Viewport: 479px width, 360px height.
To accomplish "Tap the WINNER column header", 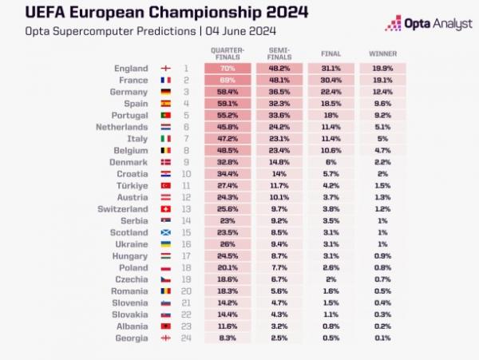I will click(382, 53).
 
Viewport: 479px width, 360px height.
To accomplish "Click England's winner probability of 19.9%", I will click(382, 69).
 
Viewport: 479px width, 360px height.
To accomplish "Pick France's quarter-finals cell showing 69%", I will click(228, 81).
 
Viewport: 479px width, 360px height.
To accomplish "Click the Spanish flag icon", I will click(166, 104).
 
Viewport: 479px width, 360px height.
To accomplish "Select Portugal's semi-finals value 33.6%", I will click(279, 115).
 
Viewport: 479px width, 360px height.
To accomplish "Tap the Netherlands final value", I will click(331, 127).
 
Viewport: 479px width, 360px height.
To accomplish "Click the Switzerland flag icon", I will click(166, 208).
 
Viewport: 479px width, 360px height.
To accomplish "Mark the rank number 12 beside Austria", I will click(186, 197).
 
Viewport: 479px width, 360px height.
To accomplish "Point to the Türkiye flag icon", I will click(166, 185).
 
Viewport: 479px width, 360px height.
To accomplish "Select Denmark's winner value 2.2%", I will click(382, 162).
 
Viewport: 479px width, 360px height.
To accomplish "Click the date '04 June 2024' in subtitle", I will click(239, 31).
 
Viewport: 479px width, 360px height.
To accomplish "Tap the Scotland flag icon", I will click(166, 232).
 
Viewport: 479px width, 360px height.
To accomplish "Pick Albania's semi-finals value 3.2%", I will click(279, 326).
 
